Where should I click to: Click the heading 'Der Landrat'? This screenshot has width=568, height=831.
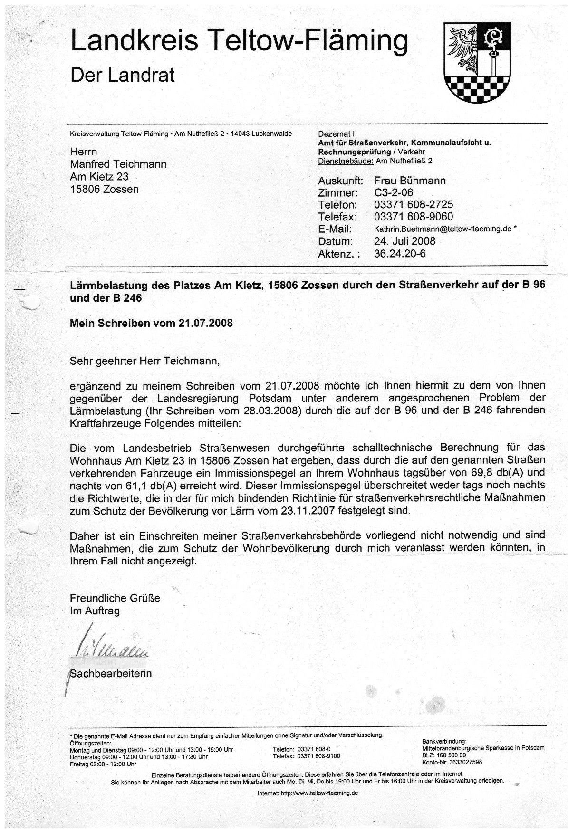tap(122, 75)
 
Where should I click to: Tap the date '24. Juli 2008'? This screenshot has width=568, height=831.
tap(404, 241)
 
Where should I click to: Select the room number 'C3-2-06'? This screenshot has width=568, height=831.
tap(394, 192)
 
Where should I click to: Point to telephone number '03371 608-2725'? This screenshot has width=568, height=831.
tap(414, 205)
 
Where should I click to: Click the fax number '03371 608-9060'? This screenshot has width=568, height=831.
tap(414, 217)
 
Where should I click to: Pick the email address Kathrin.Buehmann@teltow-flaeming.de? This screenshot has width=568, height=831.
tap(443, 229)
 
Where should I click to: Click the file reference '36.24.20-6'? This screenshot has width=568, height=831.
tap(400, 253)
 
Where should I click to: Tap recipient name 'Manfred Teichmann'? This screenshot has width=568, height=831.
tap(118, 164)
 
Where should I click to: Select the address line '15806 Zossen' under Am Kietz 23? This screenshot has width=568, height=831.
tap(104, 189)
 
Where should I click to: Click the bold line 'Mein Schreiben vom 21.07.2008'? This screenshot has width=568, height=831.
tap(151, 323)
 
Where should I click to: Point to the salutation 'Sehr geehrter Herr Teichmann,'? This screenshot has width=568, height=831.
tap(145, 361)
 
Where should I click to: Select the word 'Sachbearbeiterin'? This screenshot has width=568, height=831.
tap(111, 673)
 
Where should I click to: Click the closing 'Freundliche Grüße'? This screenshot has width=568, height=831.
tap(115, 598)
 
